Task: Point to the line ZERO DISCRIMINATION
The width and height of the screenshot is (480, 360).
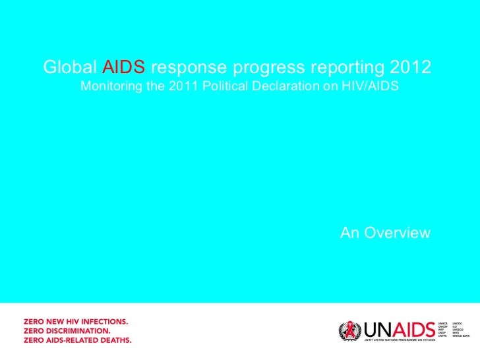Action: click(67, 330)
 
